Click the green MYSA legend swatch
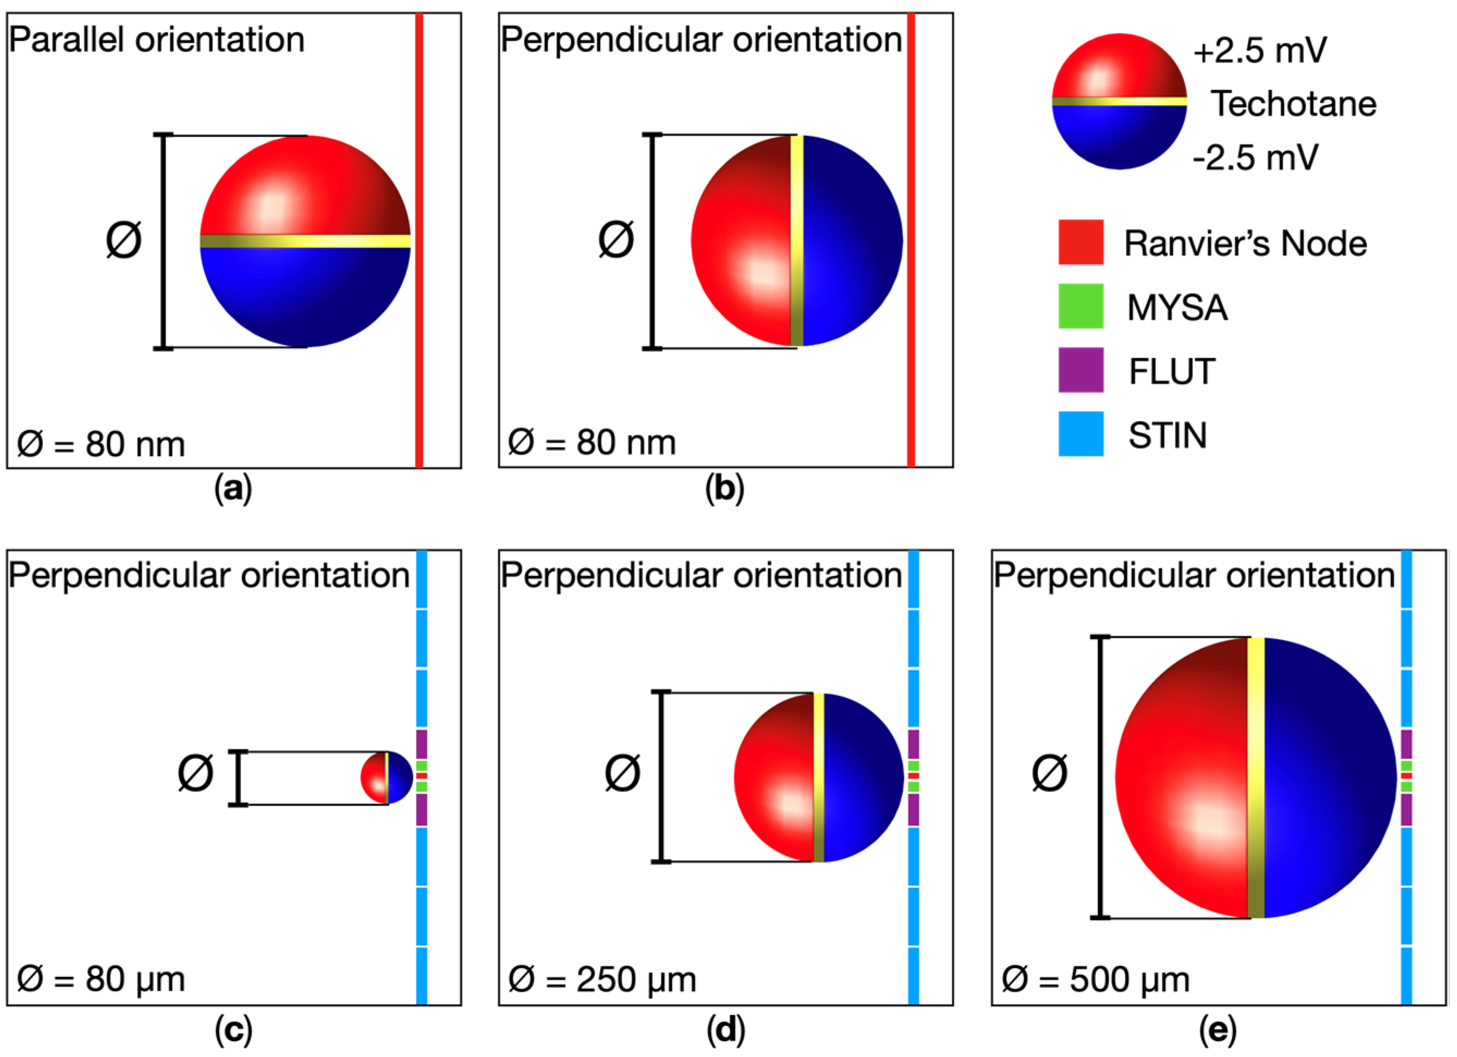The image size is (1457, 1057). [x=1081, y=306]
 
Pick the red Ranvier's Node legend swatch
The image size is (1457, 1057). [x=1081, y=242]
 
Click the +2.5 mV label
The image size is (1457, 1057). [x=1259, y=50]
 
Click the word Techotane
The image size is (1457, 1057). [x=1293, y=103]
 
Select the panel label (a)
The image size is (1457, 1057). [x=232, y=490]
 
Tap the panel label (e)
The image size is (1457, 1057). [x=1217, y=1030]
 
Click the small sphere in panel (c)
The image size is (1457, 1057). [x=386, y=778]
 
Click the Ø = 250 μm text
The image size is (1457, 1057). [x=602, y=980]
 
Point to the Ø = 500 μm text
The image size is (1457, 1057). [x=1095, y=980]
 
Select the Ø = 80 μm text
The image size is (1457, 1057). [x=101, y=980]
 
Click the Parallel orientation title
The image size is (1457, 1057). [x=156, y=40]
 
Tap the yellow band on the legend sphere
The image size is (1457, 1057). [x=1119, y=101]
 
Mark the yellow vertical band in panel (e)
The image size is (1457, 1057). [x=1256, y=778]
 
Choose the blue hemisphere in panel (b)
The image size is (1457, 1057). [x=851, y=240]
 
